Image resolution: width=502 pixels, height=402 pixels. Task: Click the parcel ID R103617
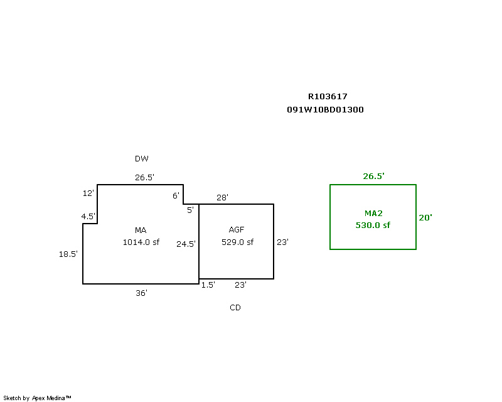[327, 97]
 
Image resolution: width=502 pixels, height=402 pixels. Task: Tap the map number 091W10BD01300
[325, 109]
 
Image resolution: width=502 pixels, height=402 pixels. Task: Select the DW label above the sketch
[142, 159]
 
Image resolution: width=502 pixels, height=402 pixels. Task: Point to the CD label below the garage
[235, 308]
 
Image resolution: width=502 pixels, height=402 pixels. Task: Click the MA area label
[140, 230]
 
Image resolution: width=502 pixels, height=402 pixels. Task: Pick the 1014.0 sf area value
[141, 242]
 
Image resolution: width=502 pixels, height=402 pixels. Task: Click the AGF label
[237, 230]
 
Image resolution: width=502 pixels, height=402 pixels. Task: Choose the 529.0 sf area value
[237, 242]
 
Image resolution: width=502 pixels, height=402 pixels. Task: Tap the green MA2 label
[373, 214]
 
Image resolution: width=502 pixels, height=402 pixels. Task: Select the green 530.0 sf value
[373, 225]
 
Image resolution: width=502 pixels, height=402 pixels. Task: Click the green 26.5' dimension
[373, 177]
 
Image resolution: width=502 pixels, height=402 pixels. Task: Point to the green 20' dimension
[425, 217]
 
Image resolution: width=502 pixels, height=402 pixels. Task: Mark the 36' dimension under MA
[142, 293]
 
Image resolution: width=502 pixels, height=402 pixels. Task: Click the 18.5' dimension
[68, 254]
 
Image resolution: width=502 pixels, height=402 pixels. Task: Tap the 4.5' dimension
[88, 217]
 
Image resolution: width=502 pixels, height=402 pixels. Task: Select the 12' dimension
[88, 193]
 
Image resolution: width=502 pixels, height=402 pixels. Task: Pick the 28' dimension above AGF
[222, 197]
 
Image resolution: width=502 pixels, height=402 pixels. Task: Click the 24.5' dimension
[186, 244]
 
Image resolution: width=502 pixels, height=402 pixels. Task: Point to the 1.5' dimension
[208, 285]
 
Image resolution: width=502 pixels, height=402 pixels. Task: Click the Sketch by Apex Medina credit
[37, 398]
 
